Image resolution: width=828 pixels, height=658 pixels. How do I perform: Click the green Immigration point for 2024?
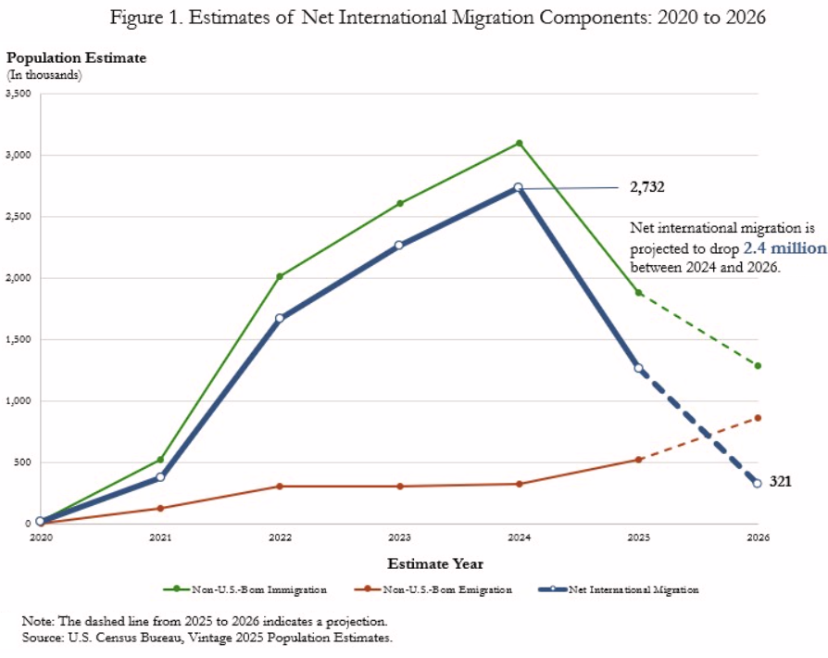pos(520,143)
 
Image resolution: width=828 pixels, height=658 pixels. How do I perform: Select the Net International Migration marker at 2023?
pos(399,246)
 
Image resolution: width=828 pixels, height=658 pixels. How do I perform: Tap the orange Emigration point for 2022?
pos(280,486)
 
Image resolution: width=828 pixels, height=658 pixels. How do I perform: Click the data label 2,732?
pos(647,187)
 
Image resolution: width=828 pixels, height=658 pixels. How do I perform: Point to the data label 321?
pos(780,482)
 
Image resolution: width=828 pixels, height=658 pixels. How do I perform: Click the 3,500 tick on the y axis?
pos(18,94)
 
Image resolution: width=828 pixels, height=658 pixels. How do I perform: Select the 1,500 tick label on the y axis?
pos(18,339)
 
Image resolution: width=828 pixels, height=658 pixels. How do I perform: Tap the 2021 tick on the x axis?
pos(159,537)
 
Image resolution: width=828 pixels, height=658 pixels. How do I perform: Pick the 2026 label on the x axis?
pos(758,537)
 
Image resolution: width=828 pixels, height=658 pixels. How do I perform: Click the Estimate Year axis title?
pos(434,563)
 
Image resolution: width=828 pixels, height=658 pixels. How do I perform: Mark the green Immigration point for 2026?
pos(758,365)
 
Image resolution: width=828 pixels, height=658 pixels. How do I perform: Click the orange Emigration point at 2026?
pos(758,418)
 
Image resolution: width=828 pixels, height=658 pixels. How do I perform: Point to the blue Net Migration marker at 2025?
pos(638,368)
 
